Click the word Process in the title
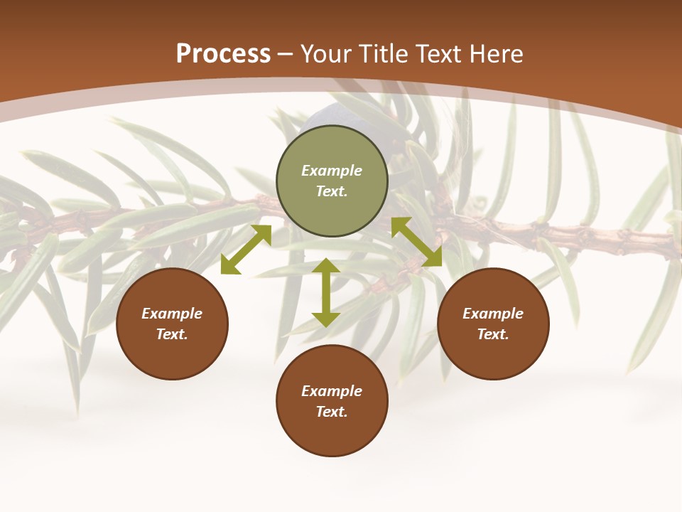[223, 54]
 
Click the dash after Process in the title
[286, 55]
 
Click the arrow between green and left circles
[246, 249]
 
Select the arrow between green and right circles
[416, 242]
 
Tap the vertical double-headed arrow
[325, 292]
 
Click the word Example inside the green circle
[332, 171]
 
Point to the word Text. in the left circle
[172, 334]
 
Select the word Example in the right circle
[493, 314]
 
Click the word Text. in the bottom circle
[332, 412]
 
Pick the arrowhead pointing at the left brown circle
[229, 265]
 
